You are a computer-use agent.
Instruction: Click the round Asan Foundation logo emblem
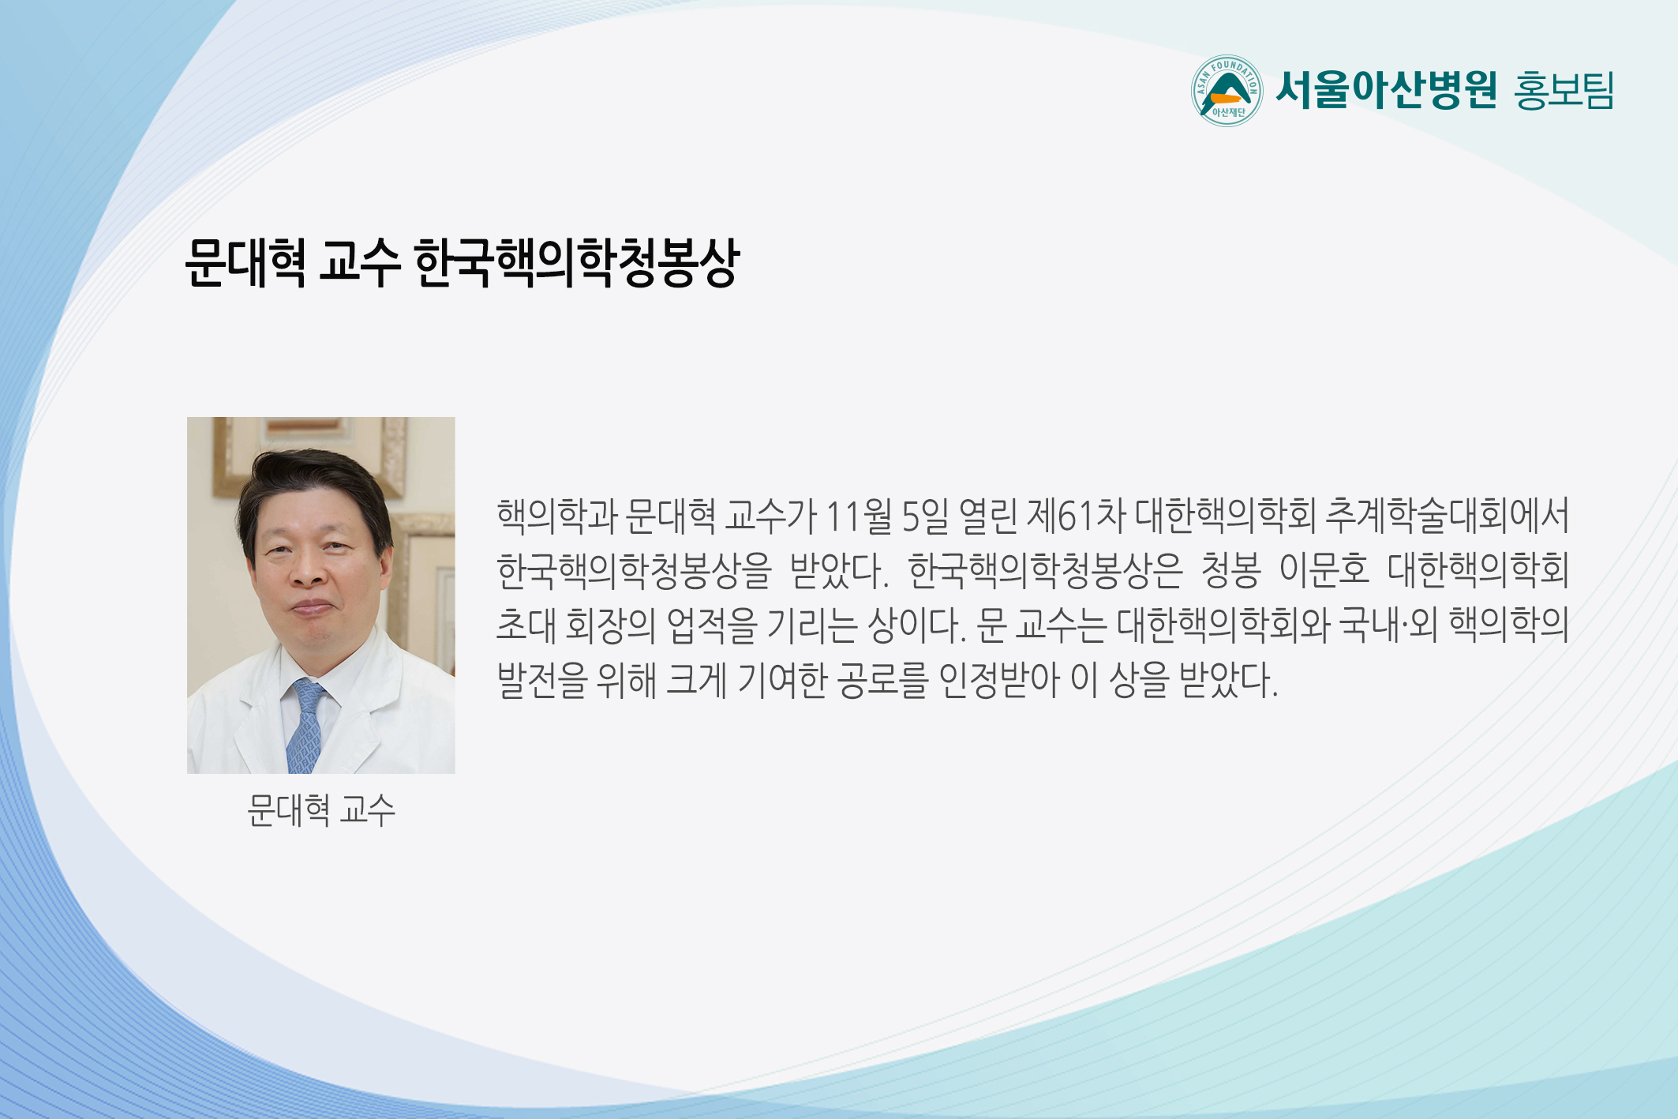click(1227, 91)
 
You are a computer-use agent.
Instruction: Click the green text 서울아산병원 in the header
click(1386, 90)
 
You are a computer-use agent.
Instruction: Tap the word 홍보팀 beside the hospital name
click(1564, 91)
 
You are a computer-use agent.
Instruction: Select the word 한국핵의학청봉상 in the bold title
click(576, 263)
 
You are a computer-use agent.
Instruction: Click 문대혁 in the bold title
click(245, 263)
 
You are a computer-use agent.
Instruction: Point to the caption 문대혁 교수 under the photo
click(320, 810)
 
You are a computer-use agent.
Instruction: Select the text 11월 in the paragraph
click(858, 516)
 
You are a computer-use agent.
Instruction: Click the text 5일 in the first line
click(925, 516)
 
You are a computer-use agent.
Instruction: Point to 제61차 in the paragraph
click(1076, 516)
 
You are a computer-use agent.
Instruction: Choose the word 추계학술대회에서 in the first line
click(1447, 516)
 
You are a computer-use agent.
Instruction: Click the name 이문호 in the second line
click(1324, 570)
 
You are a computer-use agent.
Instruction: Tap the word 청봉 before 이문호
click(1230, 570)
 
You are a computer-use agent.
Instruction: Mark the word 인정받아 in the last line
click(999, 680)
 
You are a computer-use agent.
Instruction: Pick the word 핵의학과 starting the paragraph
click(556, 516)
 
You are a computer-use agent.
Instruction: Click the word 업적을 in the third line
click(712, 625)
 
